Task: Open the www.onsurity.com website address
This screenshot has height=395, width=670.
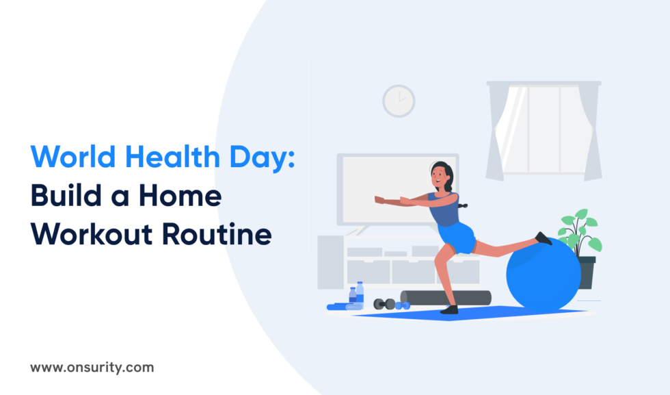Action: point(92,368)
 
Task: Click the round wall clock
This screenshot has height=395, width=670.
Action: point(399,101)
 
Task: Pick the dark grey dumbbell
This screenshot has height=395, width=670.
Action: point(384,303)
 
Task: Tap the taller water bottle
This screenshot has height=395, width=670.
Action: point(360,292)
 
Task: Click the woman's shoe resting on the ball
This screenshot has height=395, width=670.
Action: point(544,238)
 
